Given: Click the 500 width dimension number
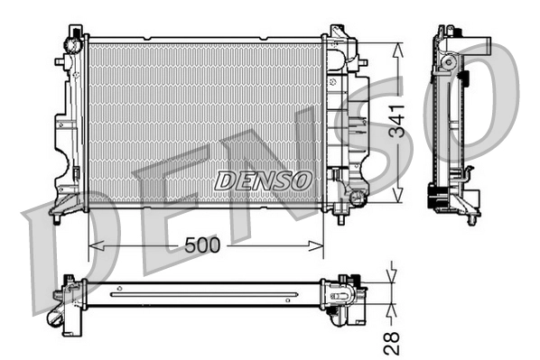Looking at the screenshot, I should [x=203, y=244].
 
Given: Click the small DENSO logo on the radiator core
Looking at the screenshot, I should [x=263, y=180].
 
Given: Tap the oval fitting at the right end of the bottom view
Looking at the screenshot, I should [x=344, y=293].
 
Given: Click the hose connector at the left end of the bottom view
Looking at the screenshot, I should [x=63, y=311].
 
